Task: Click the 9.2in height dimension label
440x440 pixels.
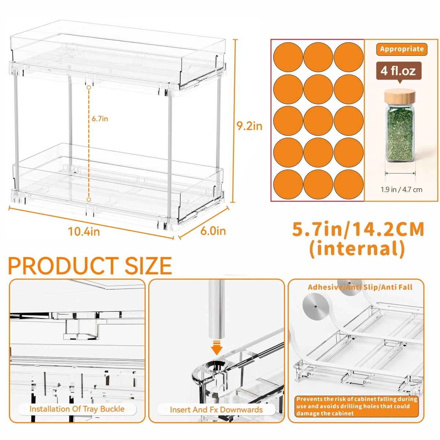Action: pos(249,126)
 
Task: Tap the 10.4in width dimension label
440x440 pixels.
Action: pos(84,232)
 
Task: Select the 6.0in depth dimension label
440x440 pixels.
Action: pos(213,231)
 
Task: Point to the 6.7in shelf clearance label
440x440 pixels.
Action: pos(100,119)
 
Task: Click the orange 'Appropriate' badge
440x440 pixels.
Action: pos(401,49)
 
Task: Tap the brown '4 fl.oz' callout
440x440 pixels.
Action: pos(399,71)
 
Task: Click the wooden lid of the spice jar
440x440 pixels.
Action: pos(400,97)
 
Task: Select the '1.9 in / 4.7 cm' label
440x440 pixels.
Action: pos(401,190)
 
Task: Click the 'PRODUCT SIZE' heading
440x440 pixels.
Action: pos(90,265)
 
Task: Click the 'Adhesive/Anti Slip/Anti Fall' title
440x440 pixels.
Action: pos(360,287)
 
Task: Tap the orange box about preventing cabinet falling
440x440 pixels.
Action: pos(356,406)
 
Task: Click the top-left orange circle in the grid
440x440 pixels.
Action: pos(288,57)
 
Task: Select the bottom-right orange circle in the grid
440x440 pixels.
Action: pos(348,184)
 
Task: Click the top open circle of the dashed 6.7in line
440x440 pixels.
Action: pos(89,88)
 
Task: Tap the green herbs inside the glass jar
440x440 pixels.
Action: pos(400,133)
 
